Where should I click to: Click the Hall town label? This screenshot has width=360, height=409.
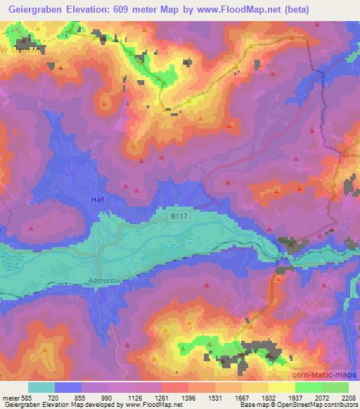pyautogui.click(x=98, y=200)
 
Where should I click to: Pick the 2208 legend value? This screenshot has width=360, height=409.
pyautogui.click(x=349, y=398)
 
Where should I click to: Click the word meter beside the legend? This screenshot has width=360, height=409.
pyautogui.click(x=11, y=398)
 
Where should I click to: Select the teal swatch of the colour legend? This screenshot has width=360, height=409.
pyautogui.click(x=41, y=387)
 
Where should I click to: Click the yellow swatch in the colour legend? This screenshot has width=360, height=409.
pyautogui.click(x=281, y=387)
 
